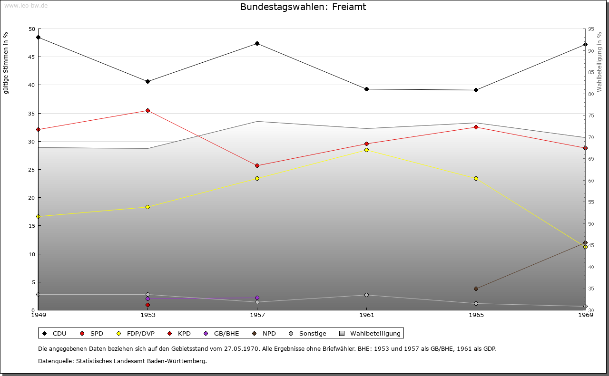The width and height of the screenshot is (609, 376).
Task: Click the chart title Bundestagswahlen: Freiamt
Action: coord(303,7)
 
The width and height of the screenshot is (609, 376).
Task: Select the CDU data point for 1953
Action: coord(147,81)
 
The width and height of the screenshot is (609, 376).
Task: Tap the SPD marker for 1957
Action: coord(257,165)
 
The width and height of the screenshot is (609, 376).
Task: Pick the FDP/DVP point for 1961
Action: coord(366,150)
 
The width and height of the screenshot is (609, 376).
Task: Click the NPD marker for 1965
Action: coord(476,289)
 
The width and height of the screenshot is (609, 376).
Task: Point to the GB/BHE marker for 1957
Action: coord(257,298)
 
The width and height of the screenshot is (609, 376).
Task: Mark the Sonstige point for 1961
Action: coord(366,295)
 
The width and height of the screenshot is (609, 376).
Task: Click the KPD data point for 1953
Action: coord(147,305)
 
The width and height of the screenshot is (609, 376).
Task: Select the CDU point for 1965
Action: coord(476,90)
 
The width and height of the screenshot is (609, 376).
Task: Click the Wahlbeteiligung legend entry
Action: coord(371,333)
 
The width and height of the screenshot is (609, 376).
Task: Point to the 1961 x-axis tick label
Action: coord(366,315)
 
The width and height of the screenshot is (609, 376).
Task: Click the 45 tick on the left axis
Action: coord(32,57)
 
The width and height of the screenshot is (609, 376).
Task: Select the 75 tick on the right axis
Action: coord(591,116)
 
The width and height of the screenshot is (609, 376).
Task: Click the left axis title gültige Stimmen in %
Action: coord(6,63)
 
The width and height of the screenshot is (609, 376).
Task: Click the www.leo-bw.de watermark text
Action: coord(25,5)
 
